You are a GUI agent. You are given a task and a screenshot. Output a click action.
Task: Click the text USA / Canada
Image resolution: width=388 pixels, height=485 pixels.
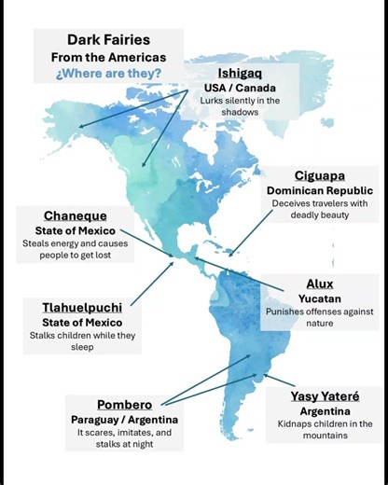[242, 87]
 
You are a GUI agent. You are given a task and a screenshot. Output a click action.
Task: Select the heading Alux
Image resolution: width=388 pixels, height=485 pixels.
[320, 284]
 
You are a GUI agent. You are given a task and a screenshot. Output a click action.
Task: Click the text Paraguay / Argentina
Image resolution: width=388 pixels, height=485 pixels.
[124, 420]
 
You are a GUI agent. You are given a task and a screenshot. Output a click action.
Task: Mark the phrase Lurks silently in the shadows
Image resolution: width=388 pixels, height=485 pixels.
[242, 106]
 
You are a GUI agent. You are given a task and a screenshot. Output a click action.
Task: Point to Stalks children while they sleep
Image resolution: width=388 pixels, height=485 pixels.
[77, 340]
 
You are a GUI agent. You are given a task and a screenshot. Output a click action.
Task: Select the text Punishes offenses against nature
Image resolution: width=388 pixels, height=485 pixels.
[319, 317]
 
